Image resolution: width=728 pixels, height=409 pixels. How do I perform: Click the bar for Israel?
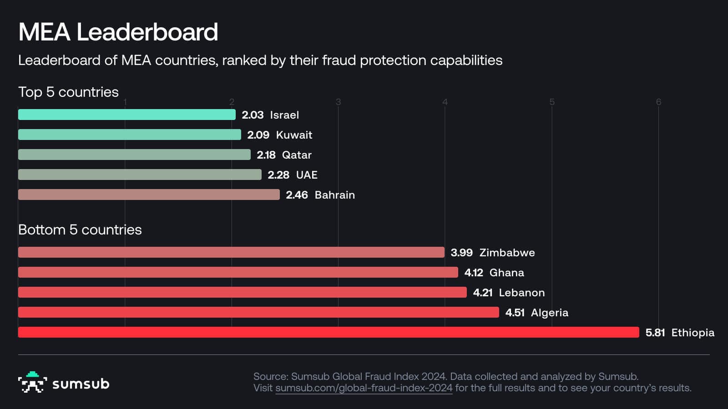pyautogui.click(x=126, y=115)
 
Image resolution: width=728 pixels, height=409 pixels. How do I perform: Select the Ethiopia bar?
pyautogui.click(x=329, y=332)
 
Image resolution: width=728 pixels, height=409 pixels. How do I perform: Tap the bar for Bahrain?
pyautogui.click(x=149, y=195)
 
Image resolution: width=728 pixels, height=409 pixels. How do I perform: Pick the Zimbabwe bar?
pyautogui.click(x=231, y=252)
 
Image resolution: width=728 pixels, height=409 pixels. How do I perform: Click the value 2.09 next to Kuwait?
pyautogui.click(x=258, y=135)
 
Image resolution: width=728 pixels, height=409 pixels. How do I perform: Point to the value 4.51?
pyautogui.click(x=515, y=313)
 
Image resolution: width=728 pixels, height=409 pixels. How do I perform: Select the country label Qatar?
pyautogui.click(x=297, y=155)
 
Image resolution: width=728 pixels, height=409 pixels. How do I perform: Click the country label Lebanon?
pyautogui.click(x=521, y=293)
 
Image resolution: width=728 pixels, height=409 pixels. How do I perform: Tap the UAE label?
pyautogui.click(x=307, y=175)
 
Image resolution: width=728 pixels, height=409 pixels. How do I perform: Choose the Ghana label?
pyautogui.click(x=506, y=273)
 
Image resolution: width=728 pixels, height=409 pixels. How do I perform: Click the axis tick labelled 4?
pyautogui.click(x=445, y=102)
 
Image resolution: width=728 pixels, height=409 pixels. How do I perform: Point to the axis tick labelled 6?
pyautogui.click(x=658, y=102)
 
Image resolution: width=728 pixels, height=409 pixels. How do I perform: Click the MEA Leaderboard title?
pyautogui.click(x=118, y=32)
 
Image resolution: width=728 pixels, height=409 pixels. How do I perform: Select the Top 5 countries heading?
pyautogui.click(x=68, y=92)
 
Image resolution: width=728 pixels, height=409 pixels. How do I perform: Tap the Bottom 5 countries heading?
pyautogui.click(x=80, y=229)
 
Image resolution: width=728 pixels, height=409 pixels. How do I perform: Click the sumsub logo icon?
pyautogui.click(x=32, y=382)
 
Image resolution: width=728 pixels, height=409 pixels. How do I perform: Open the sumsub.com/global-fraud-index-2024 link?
pyautogui.click(x=364, y=388)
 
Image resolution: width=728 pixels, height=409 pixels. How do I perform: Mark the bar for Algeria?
pyautogui.click(x=258, y=312)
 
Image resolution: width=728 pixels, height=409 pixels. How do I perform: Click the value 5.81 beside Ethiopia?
pyautogui.click(x=655, y=333)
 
